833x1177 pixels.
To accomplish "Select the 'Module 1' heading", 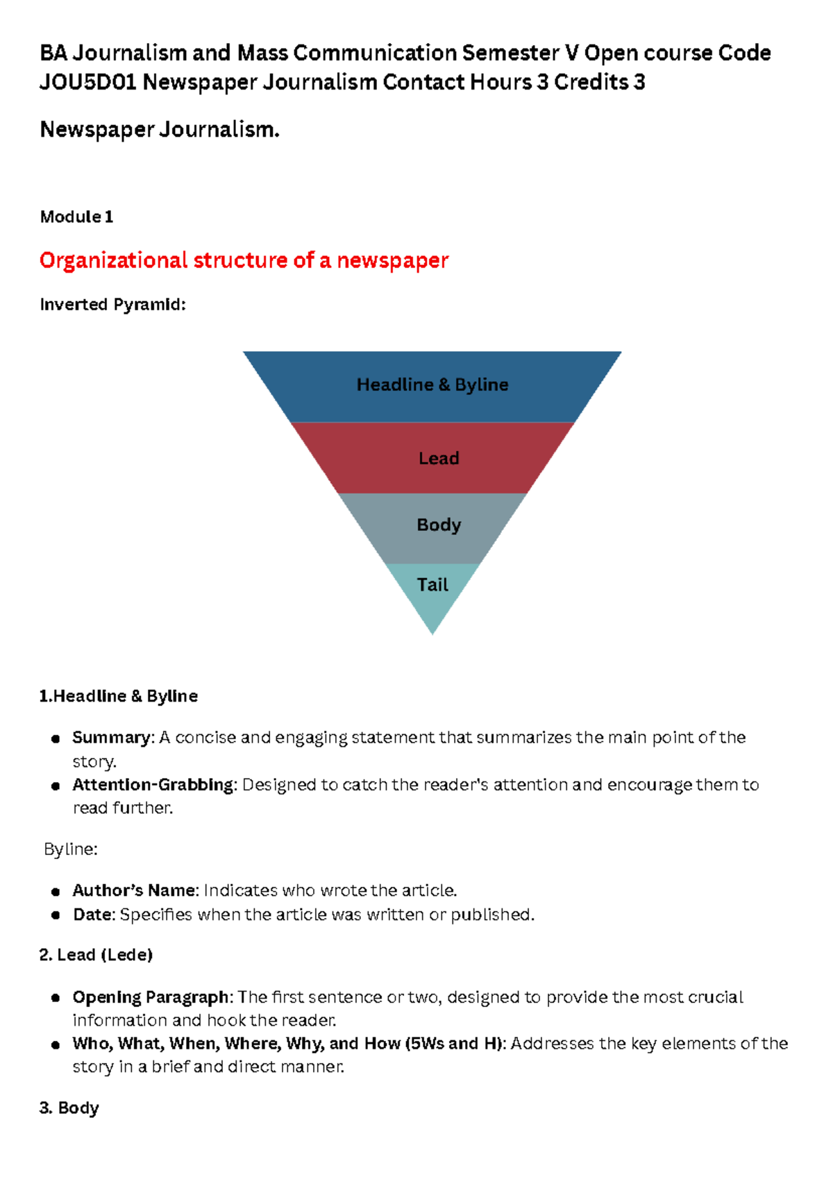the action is (76, 217).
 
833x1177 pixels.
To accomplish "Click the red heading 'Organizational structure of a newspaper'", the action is (244, 260).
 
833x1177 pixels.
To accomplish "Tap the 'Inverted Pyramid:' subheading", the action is (112, 305).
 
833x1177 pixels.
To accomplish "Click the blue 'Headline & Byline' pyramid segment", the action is (432, 385).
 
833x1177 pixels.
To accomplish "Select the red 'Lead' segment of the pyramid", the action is (438, 459).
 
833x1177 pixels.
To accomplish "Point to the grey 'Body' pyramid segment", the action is (438, 525).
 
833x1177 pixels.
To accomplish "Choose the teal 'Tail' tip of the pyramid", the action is (432, 586).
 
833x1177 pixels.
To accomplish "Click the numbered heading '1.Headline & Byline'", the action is (119, 696).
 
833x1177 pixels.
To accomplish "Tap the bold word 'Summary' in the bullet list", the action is (111, 738).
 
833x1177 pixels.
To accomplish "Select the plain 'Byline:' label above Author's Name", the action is (70, 849).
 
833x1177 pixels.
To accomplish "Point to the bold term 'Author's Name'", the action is (135, 890).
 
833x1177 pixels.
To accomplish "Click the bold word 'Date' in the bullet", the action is (92, 915).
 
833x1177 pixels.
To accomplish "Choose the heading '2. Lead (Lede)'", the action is (96, 955).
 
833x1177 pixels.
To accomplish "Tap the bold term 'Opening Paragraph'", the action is (150, 997).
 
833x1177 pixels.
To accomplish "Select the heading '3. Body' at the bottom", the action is (69, 1108).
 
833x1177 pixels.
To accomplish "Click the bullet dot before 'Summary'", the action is (56, 739).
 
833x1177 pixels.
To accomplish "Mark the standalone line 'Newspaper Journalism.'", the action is (160, 130).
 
